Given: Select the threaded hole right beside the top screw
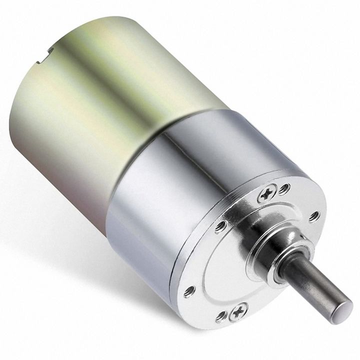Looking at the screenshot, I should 284,189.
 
